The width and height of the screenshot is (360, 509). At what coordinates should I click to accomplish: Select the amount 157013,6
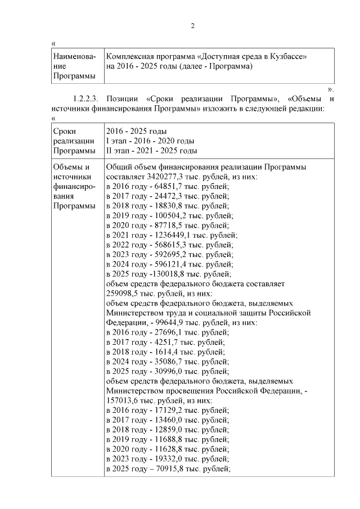[x=123, y=401]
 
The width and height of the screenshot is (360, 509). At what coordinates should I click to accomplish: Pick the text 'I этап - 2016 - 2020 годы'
[x=150, y=141]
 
